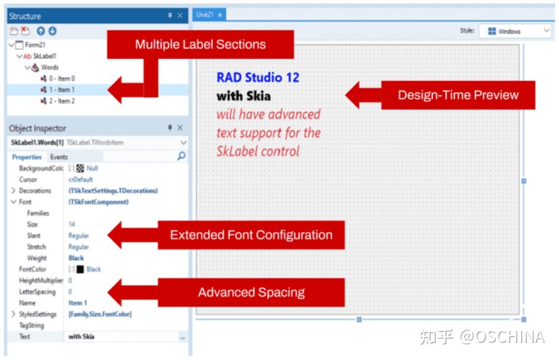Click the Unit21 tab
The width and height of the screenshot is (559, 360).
point(205,15)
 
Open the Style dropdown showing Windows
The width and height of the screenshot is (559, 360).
point(514,31)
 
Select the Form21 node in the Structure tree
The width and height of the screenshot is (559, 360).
point(35,45)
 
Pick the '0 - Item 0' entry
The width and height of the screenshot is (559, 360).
point(62,79)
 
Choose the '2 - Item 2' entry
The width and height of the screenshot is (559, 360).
point(62,101)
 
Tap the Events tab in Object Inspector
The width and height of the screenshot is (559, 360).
point(59,157)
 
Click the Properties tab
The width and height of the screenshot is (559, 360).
point(27,157)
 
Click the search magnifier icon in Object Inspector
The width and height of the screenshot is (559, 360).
point(181,156)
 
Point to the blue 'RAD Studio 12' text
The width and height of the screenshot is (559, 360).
point(258,78)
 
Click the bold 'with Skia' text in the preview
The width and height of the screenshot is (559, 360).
point(243,96)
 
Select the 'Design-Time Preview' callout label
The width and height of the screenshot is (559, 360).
point(458,95)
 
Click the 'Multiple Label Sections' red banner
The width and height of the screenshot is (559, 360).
point(200,44)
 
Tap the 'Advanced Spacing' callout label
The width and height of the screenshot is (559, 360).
point(251,292)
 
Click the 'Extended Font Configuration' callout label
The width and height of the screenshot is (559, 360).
point(251,235)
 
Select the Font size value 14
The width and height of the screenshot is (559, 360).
point(72,224)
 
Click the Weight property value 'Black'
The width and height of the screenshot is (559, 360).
point(76,258)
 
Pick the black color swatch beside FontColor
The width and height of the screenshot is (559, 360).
point(80,269)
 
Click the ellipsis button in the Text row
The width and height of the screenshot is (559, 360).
point(182,337)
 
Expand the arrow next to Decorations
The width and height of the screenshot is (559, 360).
point(13,191)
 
